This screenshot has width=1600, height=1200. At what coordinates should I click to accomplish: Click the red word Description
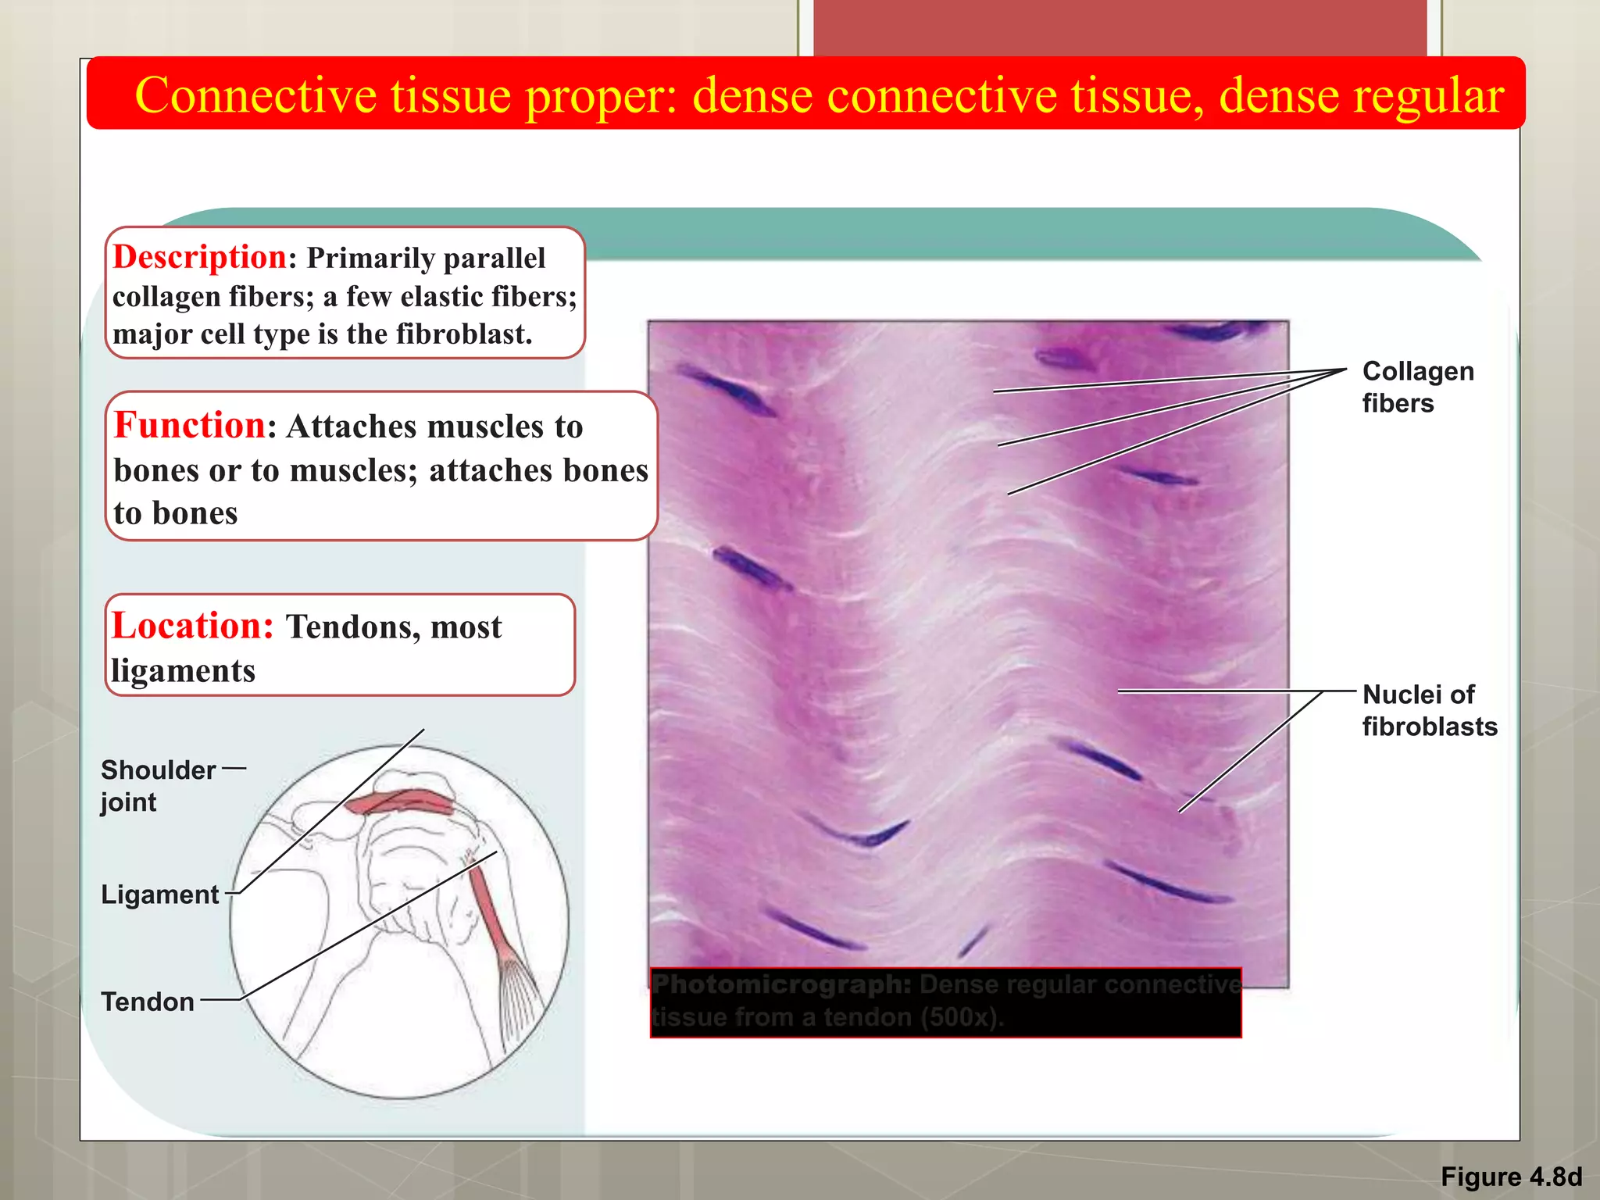click(x=199, y=258)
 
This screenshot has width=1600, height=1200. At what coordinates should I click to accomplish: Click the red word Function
click(x=189, y=426)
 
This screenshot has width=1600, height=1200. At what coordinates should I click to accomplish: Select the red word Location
click(x=192, y=627)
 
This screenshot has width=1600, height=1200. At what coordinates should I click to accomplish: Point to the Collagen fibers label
click(x=1416, y=387)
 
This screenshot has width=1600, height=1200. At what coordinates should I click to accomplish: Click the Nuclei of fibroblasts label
click(x=1428, y=710)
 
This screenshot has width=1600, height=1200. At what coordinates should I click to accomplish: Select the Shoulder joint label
click(x=157, y=785)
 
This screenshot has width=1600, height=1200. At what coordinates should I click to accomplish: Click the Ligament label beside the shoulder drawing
click(x=160, y=895)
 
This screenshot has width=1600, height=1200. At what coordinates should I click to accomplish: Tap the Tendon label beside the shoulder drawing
click(x=148, y=1002)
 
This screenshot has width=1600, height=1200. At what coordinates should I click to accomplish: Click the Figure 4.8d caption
click(x=1511, y=1177)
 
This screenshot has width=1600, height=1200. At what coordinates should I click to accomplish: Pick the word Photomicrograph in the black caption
click(x=781, y=984)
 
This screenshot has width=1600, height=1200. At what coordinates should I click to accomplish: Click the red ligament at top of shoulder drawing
click(x=400, y=802)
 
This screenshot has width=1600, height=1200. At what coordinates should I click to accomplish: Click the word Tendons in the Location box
click(x=351, y=627)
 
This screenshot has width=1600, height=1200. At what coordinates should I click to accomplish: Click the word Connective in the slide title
click(x=256, y=95)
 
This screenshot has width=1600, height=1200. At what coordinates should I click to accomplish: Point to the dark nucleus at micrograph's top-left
click(x=729, y=390)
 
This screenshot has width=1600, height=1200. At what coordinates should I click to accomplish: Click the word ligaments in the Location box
click(x=184, y=671)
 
